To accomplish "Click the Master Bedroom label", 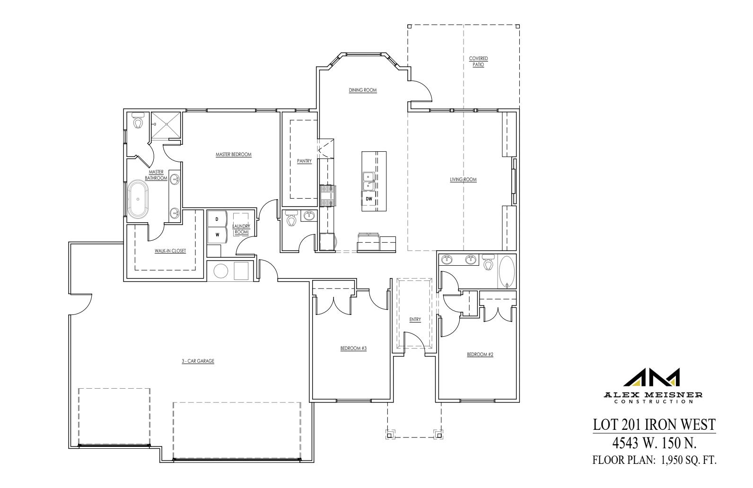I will tap(233, 155).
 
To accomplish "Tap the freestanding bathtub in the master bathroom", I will tap(138, 199).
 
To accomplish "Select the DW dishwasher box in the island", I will tap(368, 199).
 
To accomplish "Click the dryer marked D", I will tap(217, 219).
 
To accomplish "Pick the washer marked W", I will tap(217, 234).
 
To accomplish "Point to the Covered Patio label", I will tap(478, 61).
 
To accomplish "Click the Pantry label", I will tap(304, 161).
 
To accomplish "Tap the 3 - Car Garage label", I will tap(198, 361).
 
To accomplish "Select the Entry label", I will tap(415, 320).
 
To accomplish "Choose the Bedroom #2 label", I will tap(480, 354).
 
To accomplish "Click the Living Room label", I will tap(463, 180).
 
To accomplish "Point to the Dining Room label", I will tap(363, 90).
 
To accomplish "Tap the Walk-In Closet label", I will tap(170, 251).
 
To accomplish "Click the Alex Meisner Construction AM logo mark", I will tap(654, 377).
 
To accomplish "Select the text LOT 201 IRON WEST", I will tap(654, 424).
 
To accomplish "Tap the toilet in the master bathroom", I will tap(138, 122).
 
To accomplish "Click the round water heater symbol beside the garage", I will tap(221, 271).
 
